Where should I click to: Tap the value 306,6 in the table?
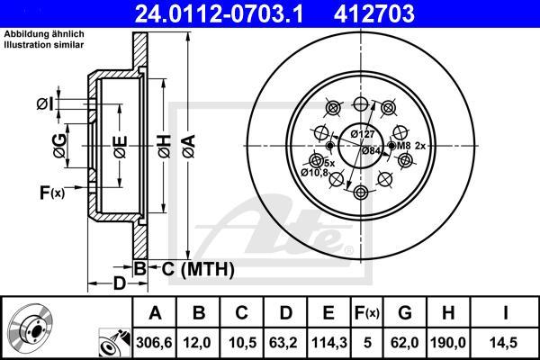click(155, 341)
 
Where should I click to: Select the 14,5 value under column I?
click(506, 341)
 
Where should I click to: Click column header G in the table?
click(406, 312)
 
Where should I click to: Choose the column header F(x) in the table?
click(367, 312)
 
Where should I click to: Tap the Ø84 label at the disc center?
click(371, 150)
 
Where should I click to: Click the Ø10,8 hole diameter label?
click(314, 171)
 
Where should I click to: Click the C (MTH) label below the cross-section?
click(193, 268)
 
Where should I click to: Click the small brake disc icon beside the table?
click(30, 328)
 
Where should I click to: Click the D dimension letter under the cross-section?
click(119, 285)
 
